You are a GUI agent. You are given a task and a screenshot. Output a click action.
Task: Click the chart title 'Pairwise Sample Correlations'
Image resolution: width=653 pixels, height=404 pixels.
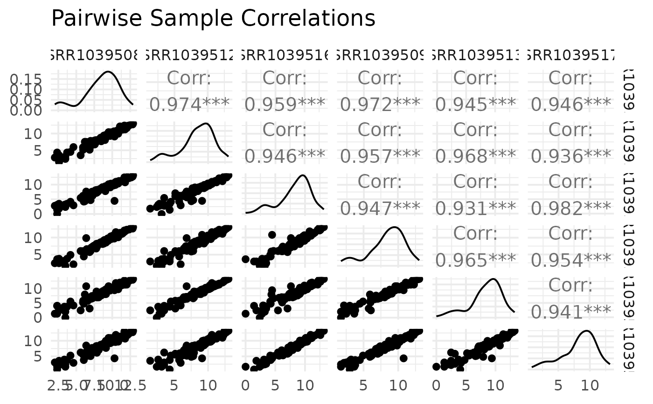(x=213, y=19)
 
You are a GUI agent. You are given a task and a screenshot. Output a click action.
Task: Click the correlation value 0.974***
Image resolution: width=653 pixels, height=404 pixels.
(x=189, y=104)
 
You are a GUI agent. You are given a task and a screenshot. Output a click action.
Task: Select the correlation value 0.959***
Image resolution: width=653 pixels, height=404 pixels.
(x=285, y=104)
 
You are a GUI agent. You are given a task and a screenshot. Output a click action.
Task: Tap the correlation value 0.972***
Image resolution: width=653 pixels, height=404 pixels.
(x=380, y=104)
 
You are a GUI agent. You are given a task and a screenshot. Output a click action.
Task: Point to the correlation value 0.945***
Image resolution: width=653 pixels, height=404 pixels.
(x=475, y=104)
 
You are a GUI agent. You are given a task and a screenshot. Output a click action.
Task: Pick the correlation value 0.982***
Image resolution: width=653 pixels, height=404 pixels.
(x=570, y=208)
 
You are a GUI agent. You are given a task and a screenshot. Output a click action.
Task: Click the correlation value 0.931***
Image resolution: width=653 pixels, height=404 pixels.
(x=475, y=208)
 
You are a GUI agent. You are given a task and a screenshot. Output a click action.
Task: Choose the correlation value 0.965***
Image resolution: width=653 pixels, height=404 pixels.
(x=475, y=260)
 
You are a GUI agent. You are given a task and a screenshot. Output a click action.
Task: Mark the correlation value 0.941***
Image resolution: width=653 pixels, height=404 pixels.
(x=570, y=312)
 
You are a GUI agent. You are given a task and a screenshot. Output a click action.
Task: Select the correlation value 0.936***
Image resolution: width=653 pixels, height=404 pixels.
(x=570, y=156)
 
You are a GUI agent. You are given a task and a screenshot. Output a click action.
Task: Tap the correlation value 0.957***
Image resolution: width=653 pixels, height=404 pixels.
(x=380, y=156)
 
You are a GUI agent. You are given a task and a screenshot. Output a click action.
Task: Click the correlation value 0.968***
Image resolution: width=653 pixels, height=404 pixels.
(x=475, y=156)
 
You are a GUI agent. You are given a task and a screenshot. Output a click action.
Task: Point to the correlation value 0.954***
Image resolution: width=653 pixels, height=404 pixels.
(x=570, y=260)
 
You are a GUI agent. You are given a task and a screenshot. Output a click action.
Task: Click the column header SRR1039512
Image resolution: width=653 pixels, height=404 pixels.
(x=189, y=57)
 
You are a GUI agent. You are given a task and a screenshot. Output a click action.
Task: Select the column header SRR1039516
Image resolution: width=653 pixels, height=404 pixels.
(x=285, y=57)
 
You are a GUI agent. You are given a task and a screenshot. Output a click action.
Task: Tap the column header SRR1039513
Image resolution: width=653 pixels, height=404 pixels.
(x=475, y=57)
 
